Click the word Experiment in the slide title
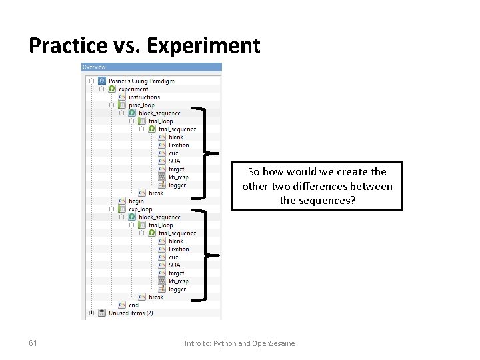pos(203,45)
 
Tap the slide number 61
pos(33,343)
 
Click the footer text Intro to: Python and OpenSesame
pos(239,343)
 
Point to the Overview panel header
pos(151,67)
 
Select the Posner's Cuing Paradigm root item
pos(141,81)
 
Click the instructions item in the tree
pos(144,97)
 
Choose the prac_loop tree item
pos(141,105)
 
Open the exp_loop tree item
pos(140,209)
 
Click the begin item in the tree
pos(136,201)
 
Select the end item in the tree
pos(133,305)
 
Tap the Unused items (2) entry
pos(131,313)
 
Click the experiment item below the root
pos(133,89)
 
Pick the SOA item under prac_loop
pos(174,161)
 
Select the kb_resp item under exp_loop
pos(178,281)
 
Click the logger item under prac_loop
pos(177,185)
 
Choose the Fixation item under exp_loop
pos(179,249)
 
